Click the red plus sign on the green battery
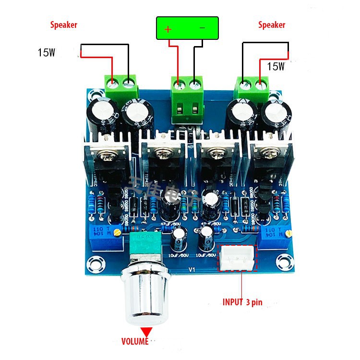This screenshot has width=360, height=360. click(168, 29)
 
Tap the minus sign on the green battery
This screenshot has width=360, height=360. click(202, 28)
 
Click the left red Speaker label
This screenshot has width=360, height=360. click(64, 25)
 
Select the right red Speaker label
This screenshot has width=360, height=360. click(272, 25)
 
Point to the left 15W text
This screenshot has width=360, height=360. click(47, 52)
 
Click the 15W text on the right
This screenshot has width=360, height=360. click(276, 67)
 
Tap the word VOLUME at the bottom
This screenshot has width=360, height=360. click(135, 342)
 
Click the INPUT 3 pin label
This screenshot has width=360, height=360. click(242, 302)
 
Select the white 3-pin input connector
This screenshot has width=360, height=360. click(238, 259)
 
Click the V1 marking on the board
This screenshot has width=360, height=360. click(191, 270)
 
